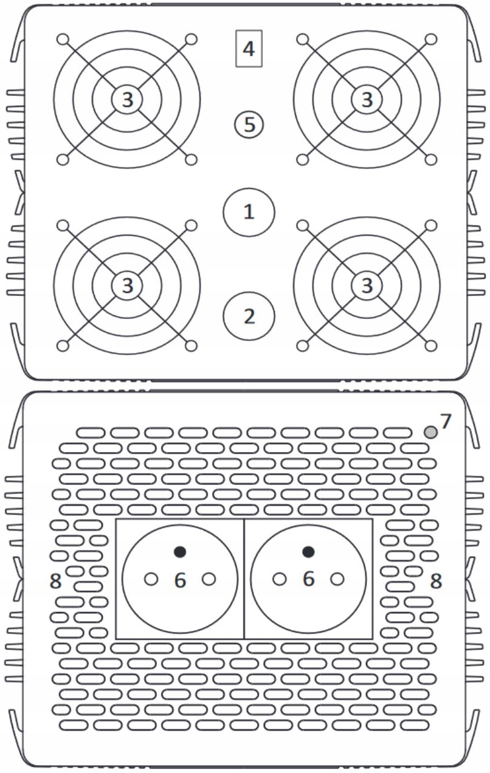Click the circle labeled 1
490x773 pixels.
pos(249,212)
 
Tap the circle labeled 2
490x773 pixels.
pos(249,316)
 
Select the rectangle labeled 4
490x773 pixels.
pos(249,48)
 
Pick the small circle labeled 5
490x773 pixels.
pos(249,125)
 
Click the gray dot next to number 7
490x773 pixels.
pos(430,432)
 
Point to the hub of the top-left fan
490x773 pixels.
pos(126,100)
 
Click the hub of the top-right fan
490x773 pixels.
pos(367,100)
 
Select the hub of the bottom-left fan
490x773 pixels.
pos(126,284)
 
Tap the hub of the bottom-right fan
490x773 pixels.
pos(367,284)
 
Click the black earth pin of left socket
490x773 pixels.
pos(179,552)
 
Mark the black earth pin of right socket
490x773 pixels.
pos(308,552)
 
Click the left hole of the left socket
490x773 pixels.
pos(151,579)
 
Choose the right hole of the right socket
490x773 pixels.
pos(337,579)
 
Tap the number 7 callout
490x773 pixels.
pos(446,421)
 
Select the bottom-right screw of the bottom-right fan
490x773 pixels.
pos(431,346)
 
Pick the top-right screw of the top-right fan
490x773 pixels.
pos(431,40)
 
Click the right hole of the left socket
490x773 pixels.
pos(209,579)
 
